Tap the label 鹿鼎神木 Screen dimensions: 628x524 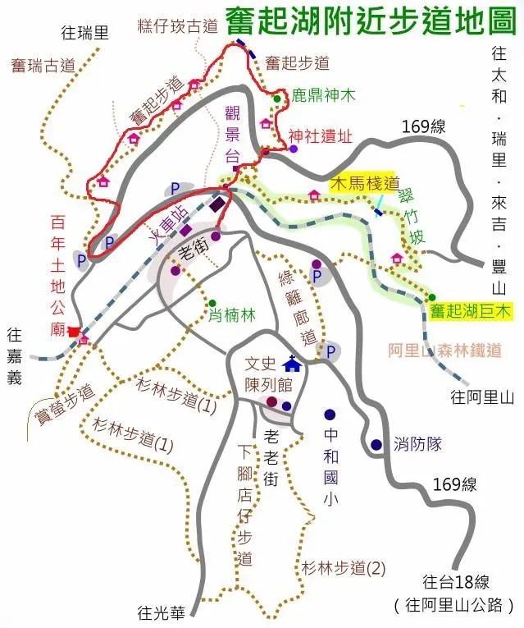point(324,96)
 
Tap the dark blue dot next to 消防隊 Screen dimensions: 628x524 point(376,445)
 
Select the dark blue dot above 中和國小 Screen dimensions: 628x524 point(330,415)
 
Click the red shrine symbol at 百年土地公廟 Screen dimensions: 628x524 point(75,332)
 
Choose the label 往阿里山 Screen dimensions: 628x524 point(482,397)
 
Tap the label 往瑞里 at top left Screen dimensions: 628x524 point(85,34)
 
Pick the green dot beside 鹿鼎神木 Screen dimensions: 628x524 point(277,99)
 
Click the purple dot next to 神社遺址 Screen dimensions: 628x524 point(294,149)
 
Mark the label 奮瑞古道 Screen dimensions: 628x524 point(44,64)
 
